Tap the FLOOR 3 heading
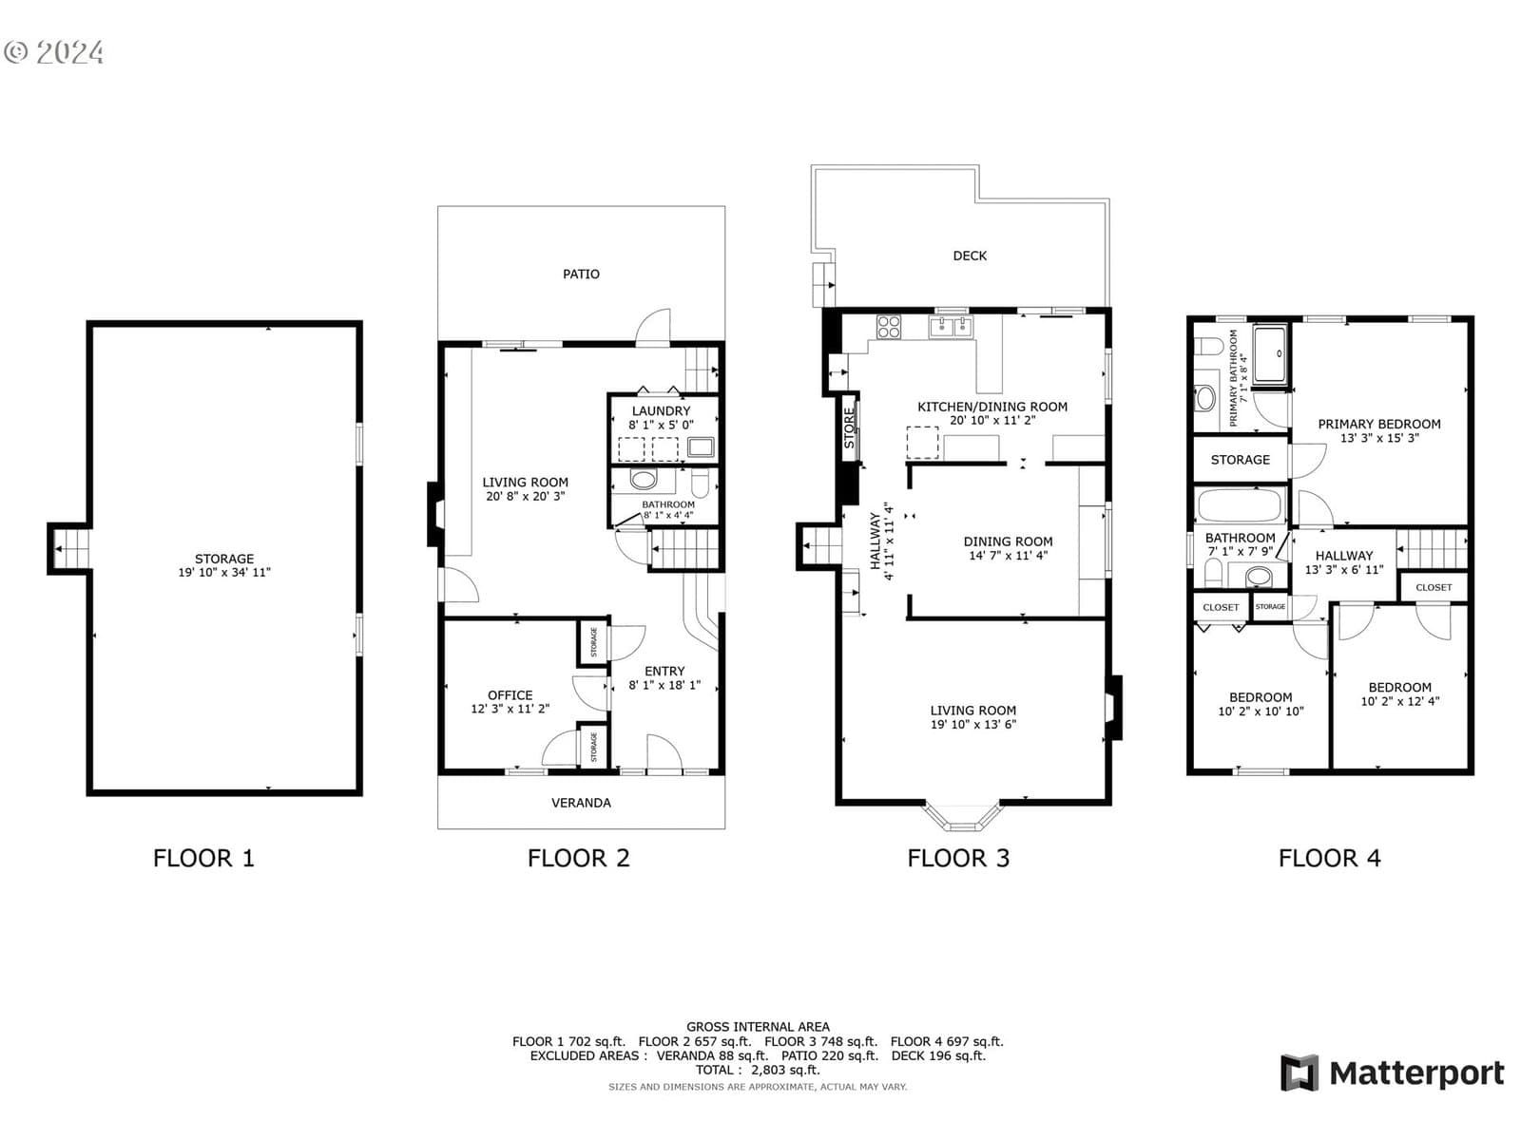[x=957, y=858]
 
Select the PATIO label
[x=581, y=275]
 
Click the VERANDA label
[x=581, y=803]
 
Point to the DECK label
[x=970, y=256]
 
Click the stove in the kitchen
[x=888, y=327]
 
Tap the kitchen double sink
[x=952, y=327]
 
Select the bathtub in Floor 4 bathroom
[x=1240, y=505]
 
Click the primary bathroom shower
[x=1271, y=354]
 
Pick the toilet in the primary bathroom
[x=1209, y=346]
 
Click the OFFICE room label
[x=510, y=695]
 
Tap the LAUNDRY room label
[x=661, y=411]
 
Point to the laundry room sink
[x=701, y=447]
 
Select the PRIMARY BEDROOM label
[x=1378, y=425]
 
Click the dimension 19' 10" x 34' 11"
[x=223, y=573]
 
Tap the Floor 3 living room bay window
[x=963, y=817]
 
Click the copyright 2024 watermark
[x=53, y=52]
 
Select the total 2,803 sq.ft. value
[x=785, y=1070]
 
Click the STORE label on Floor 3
[x=849, y=428]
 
